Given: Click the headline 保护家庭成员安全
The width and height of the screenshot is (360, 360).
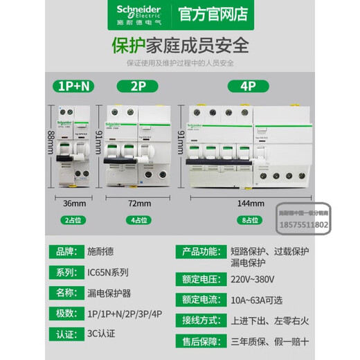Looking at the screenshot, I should [x=179, y=45].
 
